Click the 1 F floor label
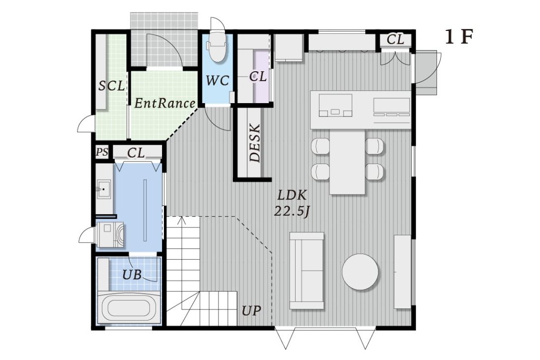coord(459,38)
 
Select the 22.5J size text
coord(293,212)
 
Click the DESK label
coord(254,142)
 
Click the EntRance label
coord(164,103)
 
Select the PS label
coord(102,152)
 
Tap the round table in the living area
coord(360,272)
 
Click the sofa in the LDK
coord(307,270)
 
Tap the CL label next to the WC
coord(258,77)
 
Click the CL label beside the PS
coord(136,153)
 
